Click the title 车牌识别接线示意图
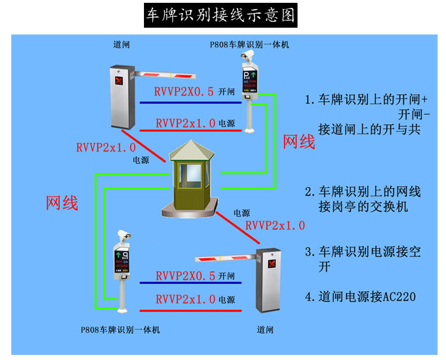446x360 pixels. (221, 15)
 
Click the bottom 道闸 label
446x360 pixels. (265, 329)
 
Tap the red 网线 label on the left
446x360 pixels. (62, 202)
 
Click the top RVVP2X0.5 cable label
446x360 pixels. (185, 92)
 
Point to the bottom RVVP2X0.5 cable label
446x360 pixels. (185, 276)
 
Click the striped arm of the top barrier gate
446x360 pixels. (164, 74)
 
